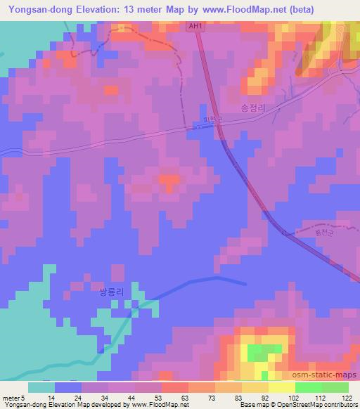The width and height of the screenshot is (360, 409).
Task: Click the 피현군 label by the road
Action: click(212, 120)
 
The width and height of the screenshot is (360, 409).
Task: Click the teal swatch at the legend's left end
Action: click(41, 387)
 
